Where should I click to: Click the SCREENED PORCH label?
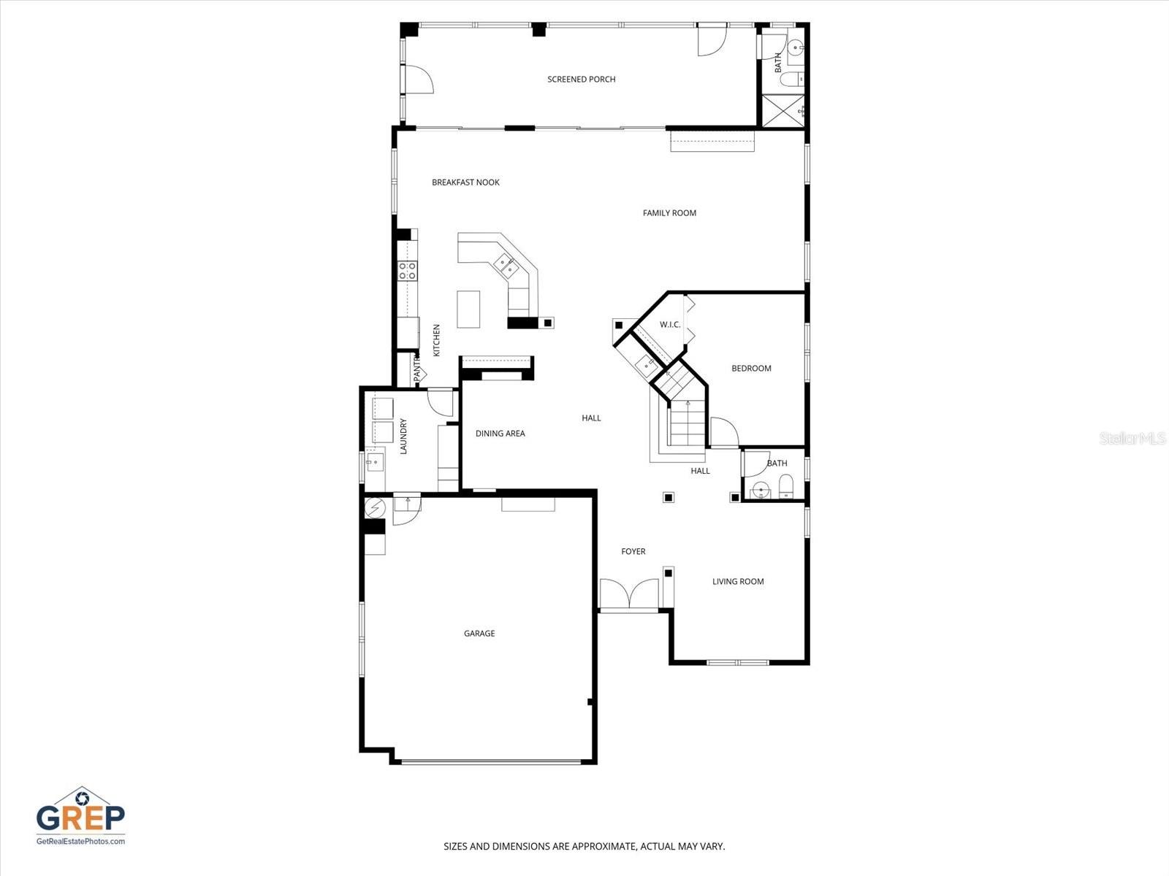click(582, 80)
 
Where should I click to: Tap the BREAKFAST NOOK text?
click(465, 182)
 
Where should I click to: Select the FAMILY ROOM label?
click(669, 213)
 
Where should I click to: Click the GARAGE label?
click(479, 634)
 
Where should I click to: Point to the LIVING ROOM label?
click(738, 582)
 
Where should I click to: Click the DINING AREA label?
click(500, 434)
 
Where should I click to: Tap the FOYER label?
click(633, 552)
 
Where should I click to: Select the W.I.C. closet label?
click(670, 325)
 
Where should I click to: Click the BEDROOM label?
click(751, 369)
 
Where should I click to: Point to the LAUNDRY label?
click(403, 436)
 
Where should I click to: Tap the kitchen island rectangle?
click(468, 309)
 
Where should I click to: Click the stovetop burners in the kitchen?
click(407, 271)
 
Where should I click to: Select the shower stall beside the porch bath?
click(782, 111)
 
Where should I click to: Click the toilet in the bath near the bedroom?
click(786, 485)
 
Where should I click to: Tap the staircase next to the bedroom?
click(687, 423)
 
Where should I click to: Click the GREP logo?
click(80, 812)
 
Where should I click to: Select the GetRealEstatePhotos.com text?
click(80, 842)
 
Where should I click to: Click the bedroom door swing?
click(723, 432)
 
